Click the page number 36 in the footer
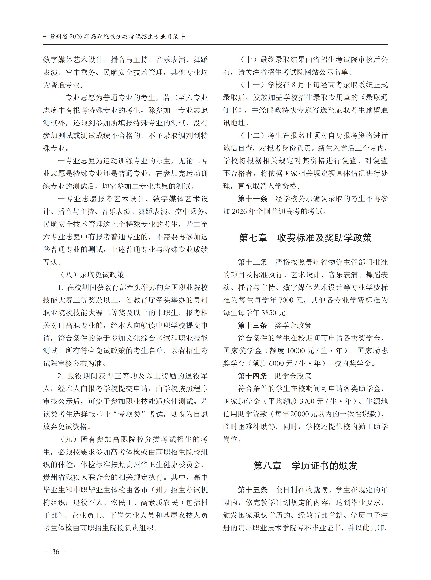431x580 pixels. point(56,552)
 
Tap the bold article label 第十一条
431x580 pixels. point(252,199)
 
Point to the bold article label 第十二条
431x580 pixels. point(252,262)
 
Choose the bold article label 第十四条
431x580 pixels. point(252,376)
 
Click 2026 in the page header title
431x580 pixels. point(76,37)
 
